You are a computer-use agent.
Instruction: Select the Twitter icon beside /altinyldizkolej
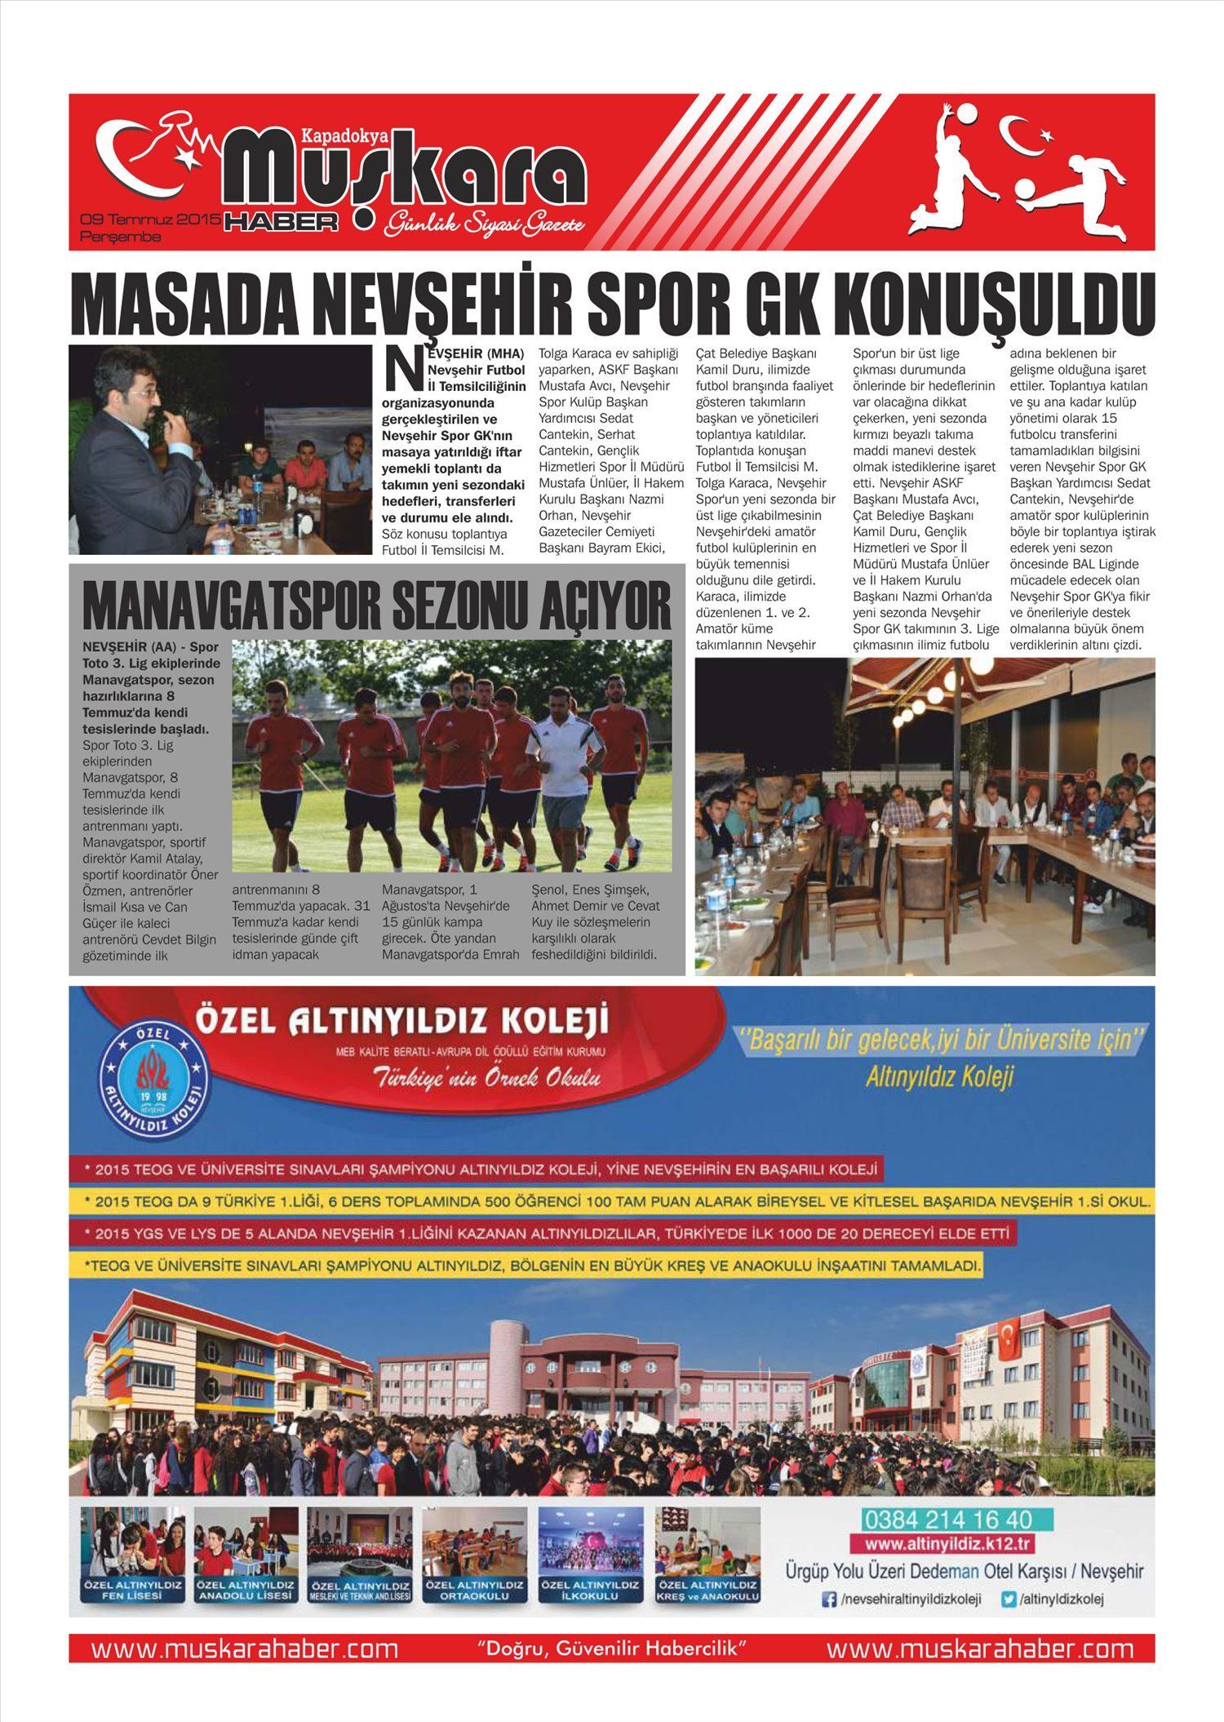(1009, 1600)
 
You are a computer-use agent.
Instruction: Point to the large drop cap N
(402, 371)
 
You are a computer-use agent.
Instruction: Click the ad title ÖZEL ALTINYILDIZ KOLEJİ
(402, 1019)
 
